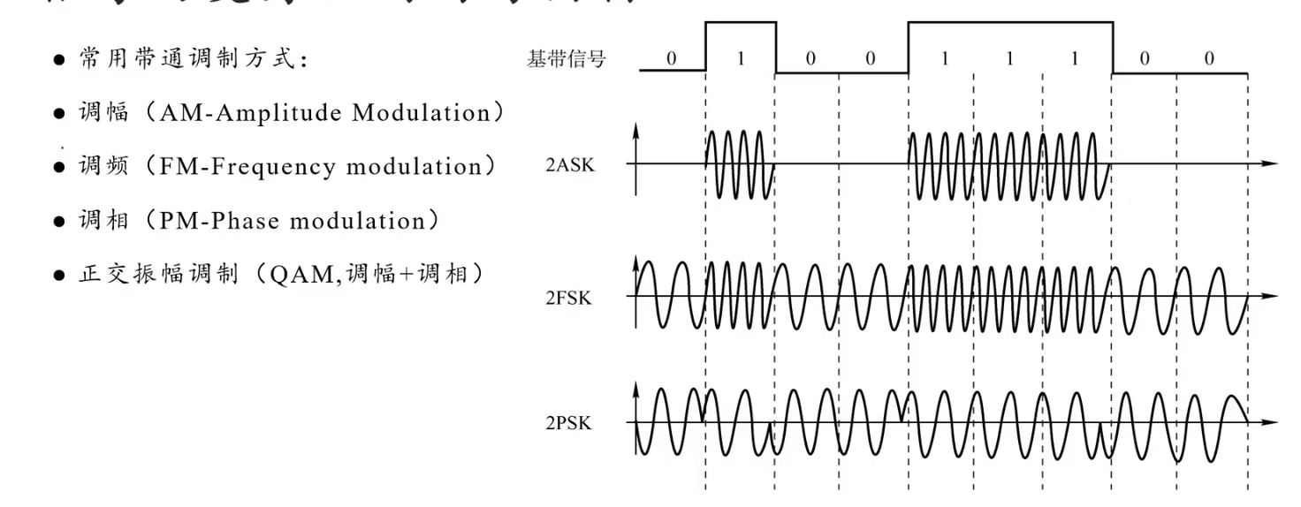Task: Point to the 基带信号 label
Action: (567, 60)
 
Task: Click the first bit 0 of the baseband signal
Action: (671, 59)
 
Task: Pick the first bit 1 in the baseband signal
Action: (741, 59)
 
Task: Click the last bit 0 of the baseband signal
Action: (1208, 59)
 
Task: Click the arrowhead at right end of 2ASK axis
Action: (1271, 164)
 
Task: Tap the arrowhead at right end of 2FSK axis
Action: (1271, 296)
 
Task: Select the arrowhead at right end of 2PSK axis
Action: (1271, 422)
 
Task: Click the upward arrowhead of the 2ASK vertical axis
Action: (635, 130)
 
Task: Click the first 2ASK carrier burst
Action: (740, 164)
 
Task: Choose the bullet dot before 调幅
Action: (59, 114)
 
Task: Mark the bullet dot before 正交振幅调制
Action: (59, 275)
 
